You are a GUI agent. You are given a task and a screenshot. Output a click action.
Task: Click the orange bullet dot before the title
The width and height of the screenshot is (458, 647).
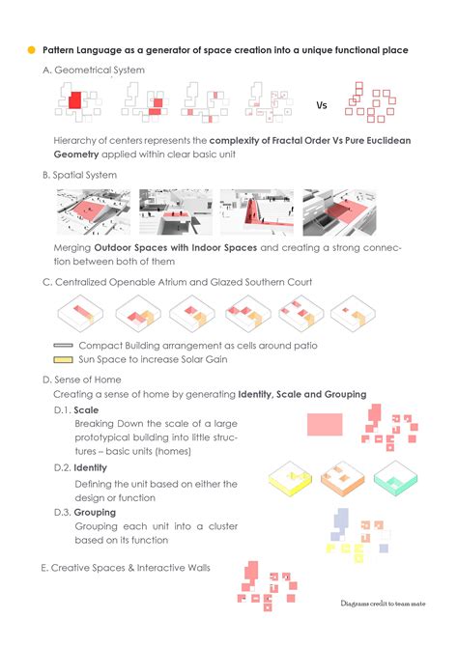[31, 50]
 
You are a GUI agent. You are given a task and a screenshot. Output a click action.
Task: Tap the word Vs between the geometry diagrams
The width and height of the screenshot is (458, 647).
[322, 105]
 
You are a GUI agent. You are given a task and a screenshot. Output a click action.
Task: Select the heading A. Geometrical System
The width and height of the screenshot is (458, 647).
[94, 70]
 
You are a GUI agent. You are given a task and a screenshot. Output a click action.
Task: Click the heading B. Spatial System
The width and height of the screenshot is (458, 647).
[79, 175]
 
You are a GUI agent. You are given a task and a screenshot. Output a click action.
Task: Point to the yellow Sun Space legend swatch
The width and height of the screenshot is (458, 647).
[63, 360]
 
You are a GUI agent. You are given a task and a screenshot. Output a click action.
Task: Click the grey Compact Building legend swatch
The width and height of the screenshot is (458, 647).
[63, 346]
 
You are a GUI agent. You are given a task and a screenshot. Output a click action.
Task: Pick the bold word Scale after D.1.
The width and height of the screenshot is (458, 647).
[86, 410]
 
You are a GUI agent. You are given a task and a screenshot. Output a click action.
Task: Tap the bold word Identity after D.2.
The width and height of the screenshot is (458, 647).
[91, 468]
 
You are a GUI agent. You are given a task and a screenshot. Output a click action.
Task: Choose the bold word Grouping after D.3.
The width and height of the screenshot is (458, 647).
[95, 513]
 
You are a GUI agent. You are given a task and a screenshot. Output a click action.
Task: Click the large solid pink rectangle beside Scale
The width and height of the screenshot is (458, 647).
[325, 425]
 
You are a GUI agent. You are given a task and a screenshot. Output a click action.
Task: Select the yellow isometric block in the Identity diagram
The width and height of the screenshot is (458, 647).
[290, 479]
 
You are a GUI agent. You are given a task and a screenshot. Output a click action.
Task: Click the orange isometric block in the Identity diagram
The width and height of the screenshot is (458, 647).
[343, 479]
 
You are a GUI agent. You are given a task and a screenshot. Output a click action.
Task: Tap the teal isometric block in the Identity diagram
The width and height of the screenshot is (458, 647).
[395, 478]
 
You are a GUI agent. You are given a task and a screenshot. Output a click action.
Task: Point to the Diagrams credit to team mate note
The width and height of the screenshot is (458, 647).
[383, 604]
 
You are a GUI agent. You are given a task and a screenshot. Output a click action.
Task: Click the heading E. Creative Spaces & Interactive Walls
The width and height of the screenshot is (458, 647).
[126, 568]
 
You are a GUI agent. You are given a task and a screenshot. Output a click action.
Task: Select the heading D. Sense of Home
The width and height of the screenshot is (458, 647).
[82, 380]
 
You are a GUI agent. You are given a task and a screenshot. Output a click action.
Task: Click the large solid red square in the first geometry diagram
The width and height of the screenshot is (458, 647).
[75, 100]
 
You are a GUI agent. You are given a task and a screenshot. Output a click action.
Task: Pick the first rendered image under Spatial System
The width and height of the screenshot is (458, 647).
[94, 212]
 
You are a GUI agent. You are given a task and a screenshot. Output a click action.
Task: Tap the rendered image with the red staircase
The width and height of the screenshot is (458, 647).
[257, 212]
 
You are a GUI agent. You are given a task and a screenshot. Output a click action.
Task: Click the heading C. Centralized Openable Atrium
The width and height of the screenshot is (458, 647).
[177, 282]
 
